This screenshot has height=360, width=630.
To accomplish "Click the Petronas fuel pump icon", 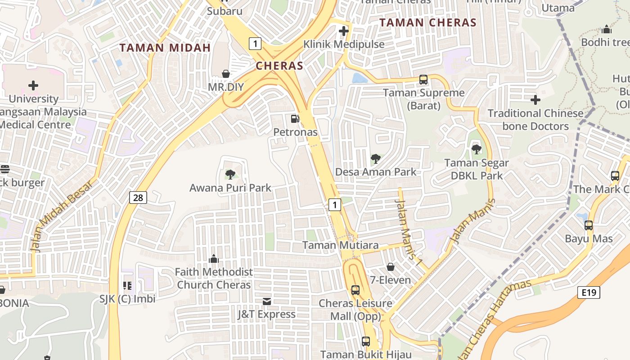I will pyautogui.click(x=295, y=119).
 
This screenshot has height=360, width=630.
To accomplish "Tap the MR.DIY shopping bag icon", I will pyautogui.click(x=226, y=73).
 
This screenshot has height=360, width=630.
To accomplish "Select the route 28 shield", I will pyautogui.click(x=138, y=197).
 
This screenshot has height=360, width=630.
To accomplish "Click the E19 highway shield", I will pyautogui.click(x=589, y=293).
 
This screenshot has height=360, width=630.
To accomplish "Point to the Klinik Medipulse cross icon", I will pyautogui.click(x=344, y=31).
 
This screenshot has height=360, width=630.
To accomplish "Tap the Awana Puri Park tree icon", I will pyautogui.click(x=230, y=174).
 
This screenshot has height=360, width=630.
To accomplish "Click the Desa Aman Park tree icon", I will pyautogui.click(x=375, y=158).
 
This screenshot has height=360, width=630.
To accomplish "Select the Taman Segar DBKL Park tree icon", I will pyautogui.click(x=476, y=149).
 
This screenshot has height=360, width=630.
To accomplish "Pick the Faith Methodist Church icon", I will pyautogui.click(x=214, y=258).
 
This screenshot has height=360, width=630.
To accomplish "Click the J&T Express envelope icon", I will pyautogui.click(x=267, y=301).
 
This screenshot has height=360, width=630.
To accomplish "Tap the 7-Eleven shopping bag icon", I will pyautogui.click(x=391, y=267).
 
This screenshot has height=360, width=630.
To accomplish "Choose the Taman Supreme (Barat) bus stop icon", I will pyautogui.click(x=423, y=80).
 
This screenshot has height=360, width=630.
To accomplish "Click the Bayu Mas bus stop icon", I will pyautogui.click(x=588, y=225).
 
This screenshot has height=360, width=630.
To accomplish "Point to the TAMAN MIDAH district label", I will pyautogui.click(x=165, y=48).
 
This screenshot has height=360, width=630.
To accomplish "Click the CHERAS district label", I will pyautogui.click(x=279, y=66).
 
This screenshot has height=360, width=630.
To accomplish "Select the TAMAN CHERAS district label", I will pyautogui.click(x=428, y=22).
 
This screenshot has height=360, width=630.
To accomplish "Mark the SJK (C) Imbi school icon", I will pyautogui.click(x=127, y=285).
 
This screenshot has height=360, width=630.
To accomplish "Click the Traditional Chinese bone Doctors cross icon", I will pyautogui.click(x=535, y=99).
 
